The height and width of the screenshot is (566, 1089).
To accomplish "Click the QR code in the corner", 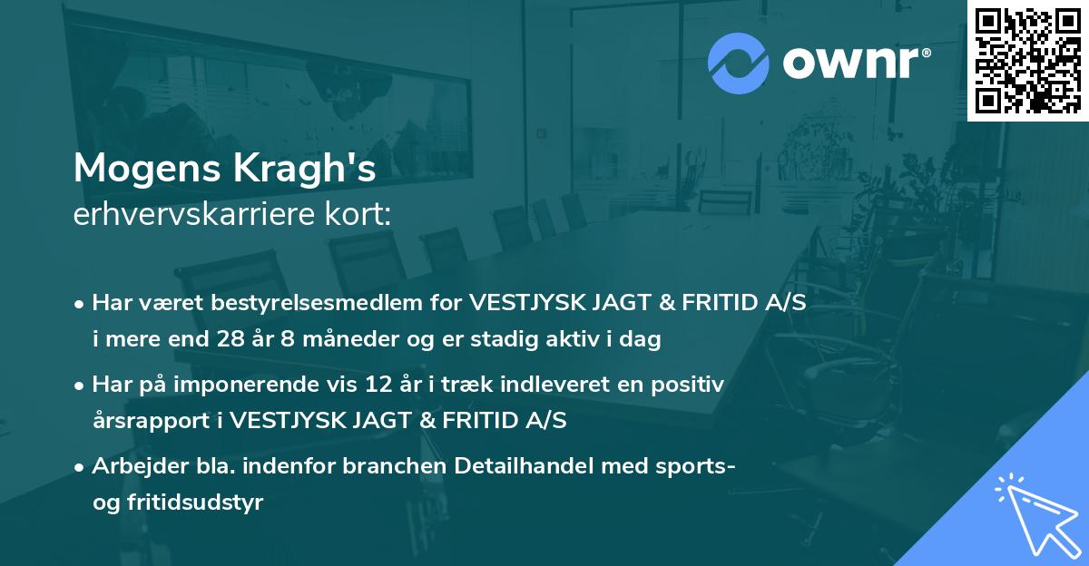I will (1027, 60).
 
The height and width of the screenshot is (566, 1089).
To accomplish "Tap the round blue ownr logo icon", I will (738, 63).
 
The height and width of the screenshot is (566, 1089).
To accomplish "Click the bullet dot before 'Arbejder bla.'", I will (81, 467).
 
